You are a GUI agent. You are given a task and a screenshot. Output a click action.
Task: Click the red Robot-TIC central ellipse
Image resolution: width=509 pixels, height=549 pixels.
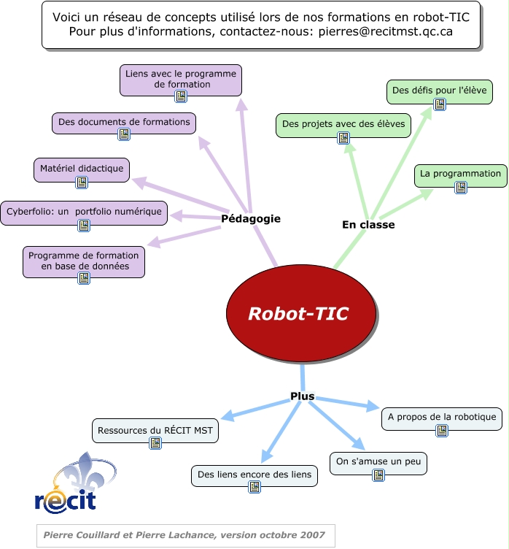coord(301,313)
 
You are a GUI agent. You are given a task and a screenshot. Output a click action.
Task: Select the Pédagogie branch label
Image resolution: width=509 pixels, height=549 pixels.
coord(250,218)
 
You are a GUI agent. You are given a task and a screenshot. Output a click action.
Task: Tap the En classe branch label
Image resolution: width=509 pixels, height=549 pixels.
coord(368,225)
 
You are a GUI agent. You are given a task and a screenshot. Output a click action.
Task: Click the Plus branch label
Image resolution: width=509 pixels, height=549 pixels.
coord(303,396)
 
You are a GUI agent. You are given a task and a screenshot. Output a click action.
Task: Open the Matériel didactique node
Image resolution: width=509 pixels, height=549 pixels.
coord(82,169)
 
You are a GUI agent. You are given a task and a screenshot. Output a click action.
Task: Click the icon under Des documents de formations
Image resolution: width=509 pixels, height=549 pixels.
coord(124,134)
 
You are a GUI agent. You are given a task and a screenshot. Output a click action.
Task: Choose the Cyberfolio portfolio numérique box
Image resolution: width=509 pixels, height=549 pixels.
coord(84,212)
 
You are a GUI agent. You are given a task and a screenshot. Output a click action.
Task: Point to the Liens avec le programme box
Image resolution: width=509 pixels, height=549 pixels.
coord(181,79)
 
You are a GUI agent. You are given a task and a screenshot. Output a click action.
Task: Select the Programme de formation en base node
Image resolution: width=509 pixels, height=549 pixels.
coord(84,261)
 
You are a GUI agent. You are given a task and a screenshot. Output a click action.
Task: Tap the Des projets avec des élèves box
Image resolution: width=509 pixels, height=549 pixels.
coord(344,125)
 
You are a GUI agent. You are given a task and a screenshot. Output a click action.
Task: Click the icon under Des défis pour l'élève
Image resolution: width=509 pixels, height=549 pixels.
coord(439,104)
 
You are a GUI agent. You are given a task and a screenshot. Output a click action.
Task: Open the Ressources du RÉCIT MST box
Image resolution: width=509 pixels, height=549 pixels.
coord(155,431)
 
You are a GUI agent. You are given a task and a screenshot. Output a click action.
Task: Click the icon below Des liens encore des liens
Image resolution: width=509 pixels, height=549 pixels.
coord(254,487)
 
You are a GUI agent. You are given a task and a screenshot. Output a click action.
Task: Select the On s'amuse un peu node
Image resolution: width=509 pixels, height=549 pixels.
coord(378,462)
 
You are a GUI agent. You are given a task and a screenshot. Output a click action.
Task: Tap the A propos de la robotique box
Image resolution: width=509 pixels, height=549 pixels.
coord(442,418)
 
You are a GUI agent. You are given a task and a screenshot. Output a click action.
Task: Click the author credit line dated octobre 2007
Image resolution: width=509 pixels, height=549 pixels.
coord(185,535)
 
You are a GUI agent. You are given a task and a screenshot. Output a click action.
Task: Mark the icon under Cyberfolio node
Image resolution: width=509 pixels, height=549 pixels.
coord(84,225)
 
